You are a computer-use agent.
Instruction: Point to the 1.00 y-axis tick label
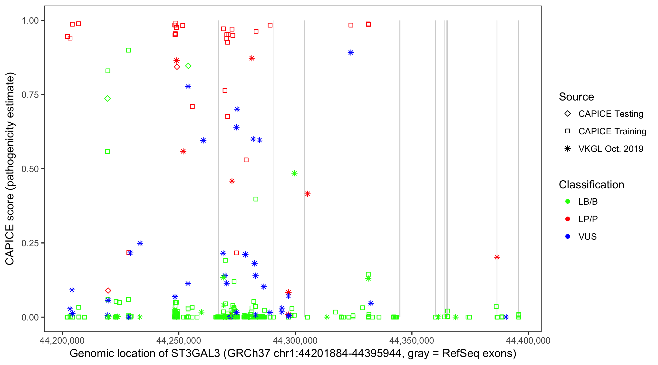coord(30,20)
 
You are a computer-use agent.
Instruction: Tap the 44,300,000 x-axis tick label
coord(295,340)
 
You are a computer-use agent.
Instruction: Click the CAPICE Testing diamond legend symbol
coord(568,113)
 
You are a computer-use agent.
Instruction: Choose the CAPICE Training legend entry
coord(612,131)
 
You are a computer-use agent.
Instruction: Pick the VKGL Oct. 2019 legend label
coord(610,149)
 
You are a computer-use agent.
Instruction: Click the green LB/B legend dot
coord(568,201)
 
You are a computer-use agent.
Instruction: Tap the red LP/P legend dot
coord(568,219)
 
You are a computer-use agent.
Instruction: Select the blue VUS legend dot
coord(568,237)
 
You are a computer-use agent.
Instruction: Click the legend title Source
coord(576,97)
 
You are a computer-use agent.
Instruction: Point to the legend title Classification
coord(591,184)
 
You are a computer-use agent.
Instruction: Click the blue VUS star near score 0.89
coord(351,53)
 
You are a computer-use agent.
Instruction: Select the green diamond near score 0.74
coord(107,99)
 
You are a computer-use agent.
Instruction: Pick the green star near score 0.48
coord(294,173)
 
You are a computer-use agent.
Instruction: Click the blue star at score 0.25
coord(140,243)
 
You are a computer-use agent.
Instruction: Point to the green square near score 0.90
coord(128,50)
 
